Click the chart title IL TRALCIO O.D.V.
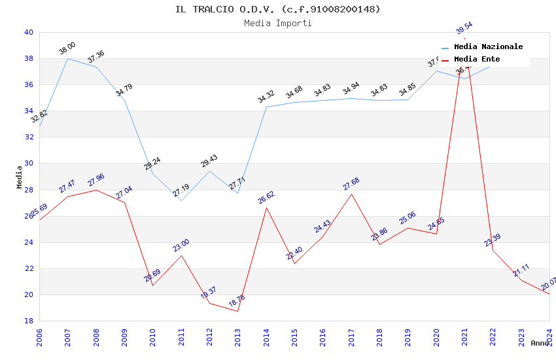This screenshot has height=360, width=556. [x=277, y=9]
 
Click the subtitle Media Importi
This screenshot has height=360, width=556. [x=277, y=23]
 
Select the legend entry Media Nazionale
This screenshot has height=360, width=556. [x=488, y=47]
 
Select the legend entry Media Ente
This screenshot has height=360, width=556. [x=477, y=60]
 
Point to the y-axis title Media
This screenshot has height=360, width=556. [x=20, y=177]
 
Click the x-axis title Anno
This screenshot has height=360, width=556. [x=540, y=343]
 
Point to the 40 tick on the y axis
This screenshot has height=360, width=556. [x=28, y=32]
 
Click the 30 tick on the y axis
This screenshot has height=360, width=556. [x=28, y=164]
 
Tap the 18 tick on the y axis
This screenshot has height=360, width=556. [x=28, y=321]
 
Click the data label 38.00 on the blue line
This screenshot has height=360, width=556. [x=67, y=48]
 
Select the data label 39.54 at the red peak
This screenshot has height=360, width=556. [x=464, y=28]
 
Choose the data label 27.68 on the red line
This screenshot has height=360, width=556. [x=351, y=184]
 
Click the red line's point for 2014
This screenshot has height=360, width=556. [x=266, y=207]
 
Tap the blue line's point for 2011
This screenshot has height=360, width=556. [x=181, y=200]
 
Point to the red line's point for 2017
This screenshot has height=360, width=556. [x=351, y=194]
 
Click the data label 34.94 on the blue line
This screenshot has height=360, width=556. [x=351, y=88]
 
